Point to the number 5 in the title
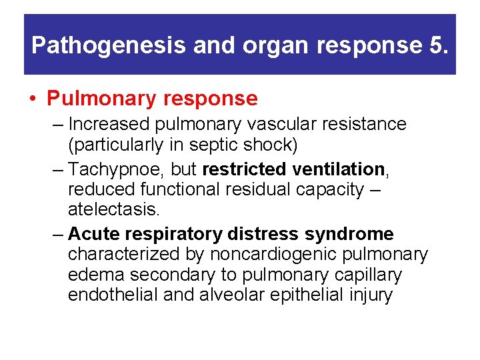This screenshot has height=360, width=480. coord(436,45)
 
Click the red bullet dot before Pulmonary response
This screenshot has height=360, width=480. coord(33,99)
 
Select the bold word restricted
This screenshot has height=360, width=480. coord(245,169)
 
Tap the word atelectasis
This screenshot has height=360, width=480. coord(113,209)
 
